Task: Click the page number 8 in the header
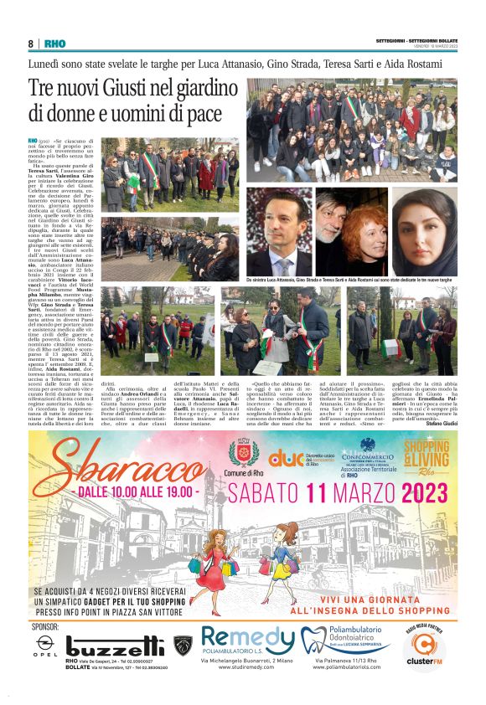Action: coord(31,44)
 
